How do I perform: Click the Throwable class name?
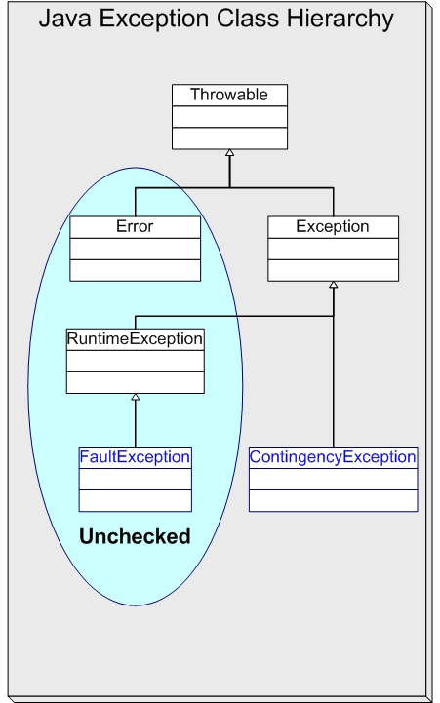229,95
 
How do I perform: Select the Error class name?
135,226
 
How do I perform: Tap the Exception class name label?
333,226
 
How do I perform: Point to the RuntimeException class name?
135,338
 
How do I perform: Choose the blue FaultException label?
135,457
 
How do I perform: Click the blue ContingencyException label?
333,457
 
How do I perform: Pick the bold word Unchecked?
135,536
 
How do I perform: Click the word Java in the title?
65,19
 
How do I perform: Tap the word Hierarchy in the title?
340,20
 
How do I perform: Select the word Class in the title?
249,19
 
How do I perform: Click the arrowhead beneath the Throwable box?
229,152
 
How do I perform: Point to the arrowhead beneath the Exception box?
333,285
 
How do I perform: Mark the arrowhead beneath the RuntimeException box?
135,397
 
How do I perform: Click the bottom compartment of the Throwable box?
229,138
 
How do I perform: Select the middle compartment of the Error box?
135,249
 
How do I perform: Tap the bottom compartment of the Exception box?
333,270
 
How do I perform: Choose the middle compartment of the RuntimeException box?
135,361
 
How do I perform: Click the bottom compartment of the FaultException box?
135,501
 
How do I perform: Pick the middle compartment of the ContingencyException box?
334,480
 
